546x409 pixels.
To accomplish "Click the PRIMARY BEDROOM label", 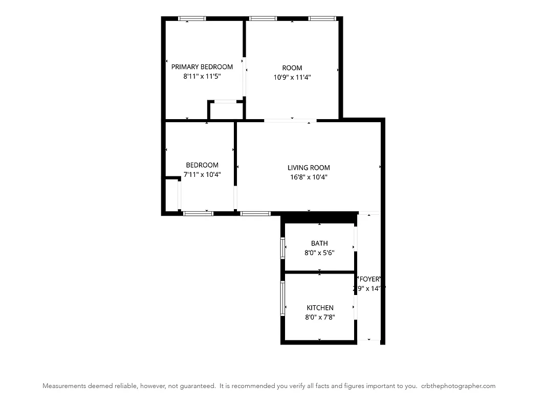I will tap(202, 66).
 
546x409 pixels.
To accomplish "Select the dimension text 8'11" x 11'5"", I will tap(202, 76).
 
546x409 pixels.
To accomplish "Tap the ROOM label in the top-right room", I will tap(292, 67).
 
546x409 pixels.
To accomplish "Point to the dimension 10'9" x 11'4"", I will tap(292, 77).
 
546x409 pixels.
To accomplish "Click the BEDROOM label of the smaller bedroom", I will tap(202, 165).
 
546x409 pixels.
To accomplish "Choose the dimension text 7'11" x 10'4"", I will tap(202, 174).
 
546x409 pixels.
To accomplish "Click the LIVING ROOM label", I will tap(308, 167).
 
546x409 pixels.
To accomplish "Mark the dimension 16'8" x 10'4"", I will tap(308, 177).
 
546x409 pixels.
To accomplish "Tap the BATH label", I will tap(319, 243).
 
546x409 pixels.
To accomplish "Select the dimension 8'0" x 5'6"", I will tap(319, 253).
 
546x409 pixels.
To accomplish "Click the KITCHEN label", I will tap(320, 307).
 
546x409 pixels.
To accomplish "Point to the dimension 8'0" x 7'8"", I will tap(320, 317).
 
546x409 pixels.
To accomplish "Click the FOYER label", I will tap(369, 279).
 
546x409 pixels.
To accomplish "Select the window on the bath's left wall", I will tap(282, 247).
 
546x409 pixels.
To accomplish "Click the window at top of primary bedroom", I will tap(192, 18).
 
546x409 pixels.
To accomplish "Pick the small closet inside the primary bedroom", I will tap(226, 110).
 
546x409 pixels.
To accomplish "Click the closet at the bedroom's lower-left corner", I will tap(171, 194).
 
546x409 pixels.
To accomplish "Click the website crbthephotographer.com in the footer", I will tap(458, 386).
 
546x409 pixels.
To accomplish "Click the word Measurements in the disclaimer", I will tap(63, 386).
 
